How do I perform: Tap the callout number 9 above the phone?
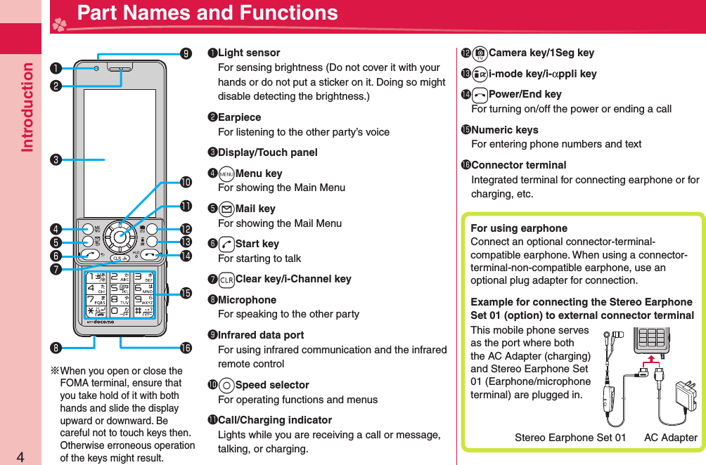click(185, 53)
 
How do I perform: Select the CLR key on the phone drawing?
click(121, 258)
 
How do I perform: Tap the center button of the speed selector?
click(121, 237)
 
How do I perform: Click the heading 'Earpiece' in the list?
click(239, 117)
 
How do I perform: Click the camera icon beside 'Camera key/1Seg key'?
click(480, 53)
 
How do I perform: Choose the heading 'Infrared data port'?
click(261, 335)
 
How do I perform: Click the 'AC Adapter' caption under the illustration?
click(670, 438)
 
